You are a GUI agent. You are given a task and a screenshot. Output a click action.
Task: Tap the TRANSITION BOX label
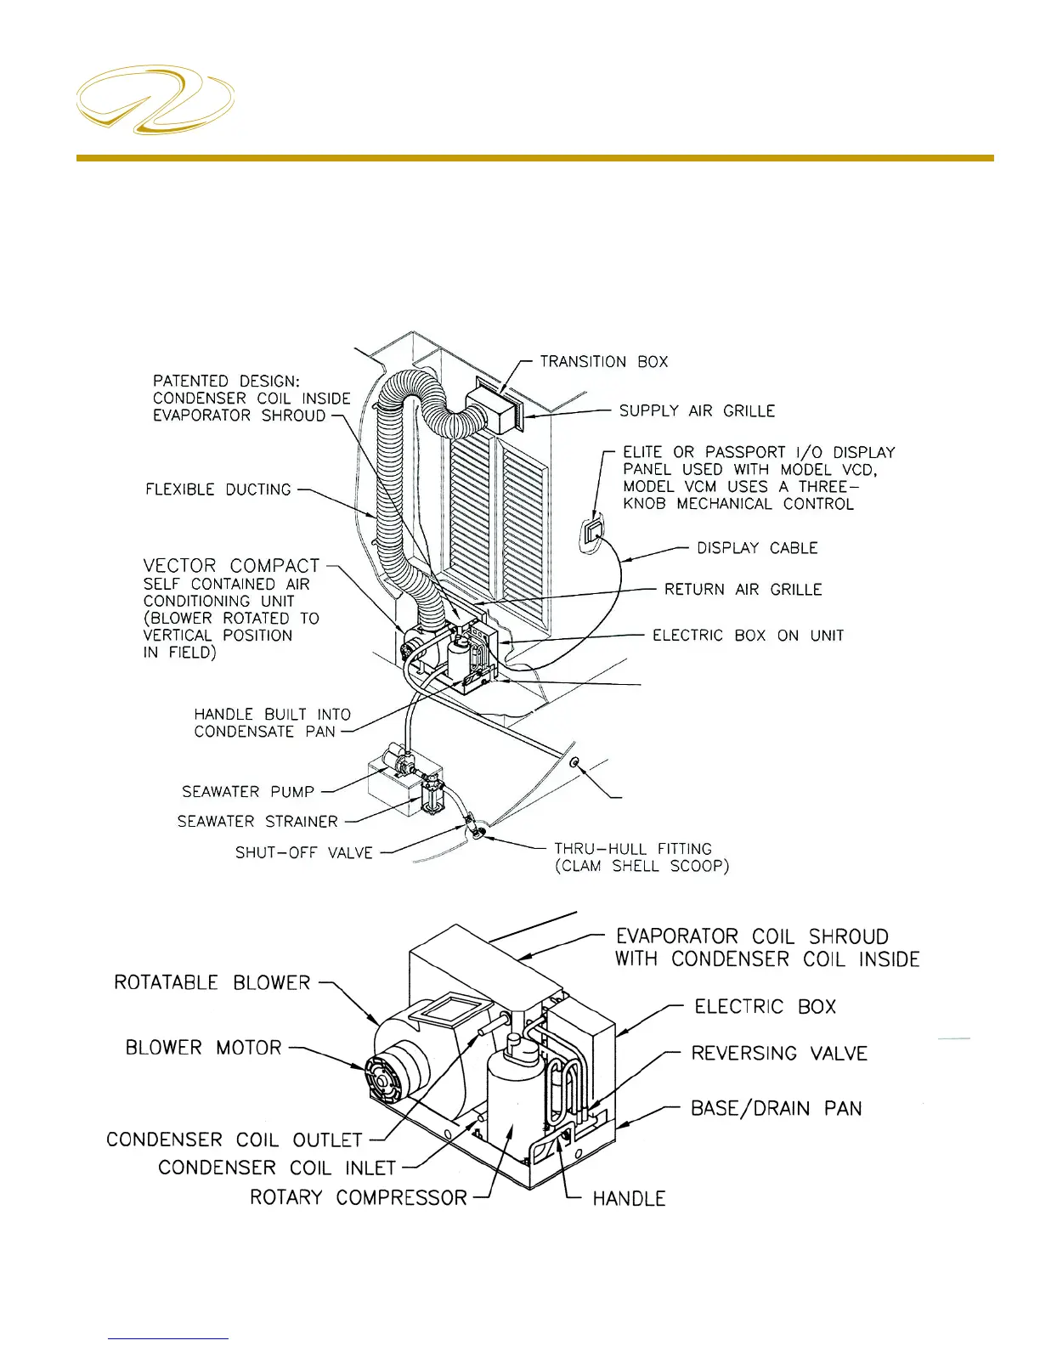pos(603,362)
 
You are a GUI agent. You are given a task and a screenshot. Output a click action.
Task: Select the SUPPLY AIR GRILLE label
pos(697,411)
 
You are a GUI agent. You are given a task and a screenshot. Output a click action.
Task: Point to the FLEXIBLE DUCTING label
pos(218,489)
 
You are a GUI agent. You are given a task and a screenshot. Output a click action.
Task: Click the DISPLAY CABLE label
pos(757,548)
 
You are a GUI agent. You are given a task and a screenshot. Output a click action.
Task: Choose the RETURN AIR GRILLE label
pos(743,590)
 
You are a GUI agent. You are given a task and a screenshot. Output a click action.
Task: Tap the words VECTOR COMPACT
pos(231,566)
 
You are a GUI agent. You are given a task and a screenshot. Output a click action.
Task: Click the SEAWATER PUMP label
pos(248,792)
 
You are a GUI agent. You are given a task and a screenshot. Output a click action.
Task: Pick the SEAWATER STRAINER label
pos(257,822)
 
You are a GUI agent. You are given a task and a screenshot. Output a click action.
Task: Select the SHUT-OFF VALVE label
pos(304,853)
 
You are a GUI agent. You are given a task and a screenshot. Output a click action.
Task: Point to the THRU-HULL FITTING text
pos(633,849)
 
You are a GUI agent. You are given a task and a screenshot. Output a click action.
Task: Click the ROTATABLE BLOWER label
pos(212,983)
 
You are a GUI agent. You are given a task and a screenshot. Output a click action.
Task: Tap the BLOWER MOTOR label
pos(203,1048)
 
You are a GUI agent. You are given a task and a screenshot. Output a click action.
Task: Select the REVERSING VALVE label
pos(779,1054)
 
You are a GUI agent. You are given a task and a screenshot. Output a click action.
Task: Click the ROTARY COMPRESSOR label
pos(359,1198)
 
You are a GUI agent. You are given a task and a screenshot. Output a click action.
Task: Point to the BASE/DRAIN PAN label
pos(776,1109)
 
